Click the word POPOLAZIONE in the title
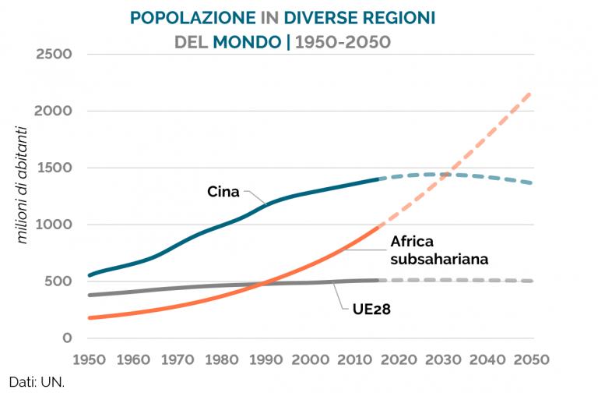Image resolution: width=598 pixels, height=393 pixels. pyautogui.click(x=192, y=17)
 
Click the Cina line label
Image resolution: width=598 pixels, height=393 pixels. pyautogui.click(x=224, y=191)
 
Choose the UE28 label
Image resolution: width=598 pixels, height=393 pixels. pyautogui.click(x=366, y=310)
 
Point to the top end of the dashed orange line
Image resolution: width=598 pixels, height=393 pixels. pyautogui.click(x=531, y=93)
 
